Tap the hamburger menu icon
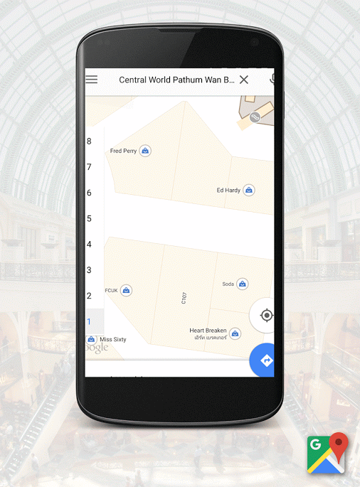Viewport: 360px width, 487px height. point(92,80)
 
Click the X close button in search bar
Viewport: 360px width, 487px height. point(244,80)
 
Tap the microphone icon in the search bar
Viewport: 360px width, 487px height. point(272,80)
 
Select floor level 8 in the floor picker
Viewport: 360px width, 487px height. point(89,141)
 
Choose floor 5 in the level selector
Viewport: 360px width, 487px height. point(89,218)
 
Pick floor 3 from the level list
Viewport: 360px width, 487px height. point(89,270)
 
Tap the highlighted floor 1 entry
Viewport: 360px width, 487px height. point(89,321)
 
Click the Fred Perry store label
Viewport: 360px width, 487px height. point(123,151)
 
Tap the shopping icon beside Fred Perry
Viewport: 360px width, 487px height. point(145,151)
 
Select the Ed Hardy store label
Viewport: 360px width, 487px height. point(228,190)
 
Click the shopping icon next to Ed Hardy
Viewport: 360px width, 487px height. point(249,190)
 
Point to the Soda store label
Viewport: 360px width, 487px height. point(228,284)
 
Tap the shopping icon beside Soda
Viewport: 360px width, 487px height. point(243,284)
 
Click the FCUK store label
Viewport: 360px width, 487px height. point(111,290)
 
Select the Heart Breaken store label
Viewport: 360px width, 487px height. point(208,331)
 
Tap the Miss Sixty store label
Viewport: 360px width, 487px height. point(112,340)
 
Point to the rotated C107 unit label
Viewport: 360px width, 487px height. point(184,298)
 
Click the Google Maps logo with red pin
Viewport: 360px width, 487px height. point(327,453)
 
